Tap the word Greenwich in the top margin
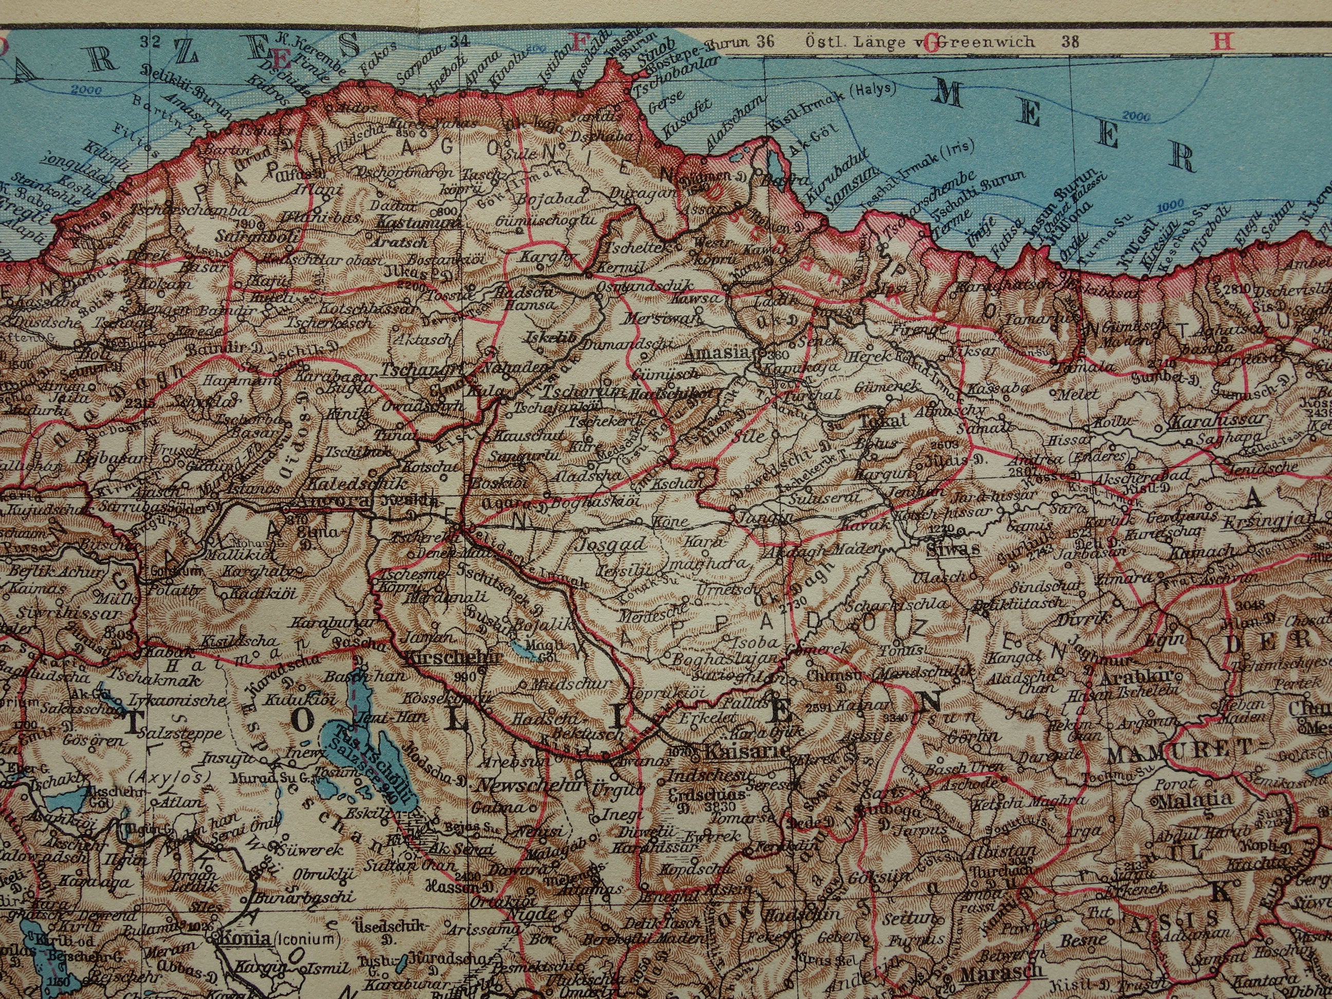click(988, 42)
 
